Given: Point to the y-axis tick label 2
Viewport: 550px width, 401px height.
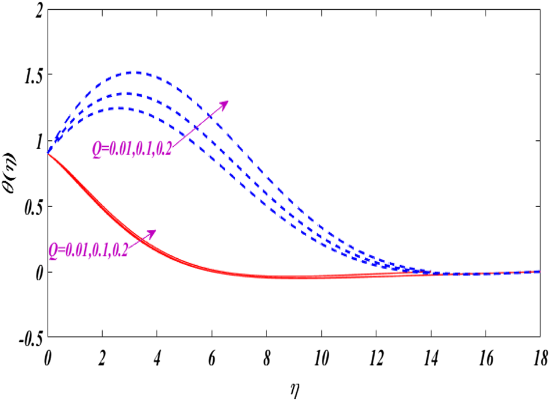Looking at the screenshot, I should click(38, 10).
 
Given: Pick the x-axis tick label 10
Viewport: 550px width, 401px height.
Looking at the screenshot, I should click(322, 353).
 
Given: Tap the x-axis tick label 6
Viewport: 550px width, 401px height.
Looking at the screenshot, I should click(212, 353).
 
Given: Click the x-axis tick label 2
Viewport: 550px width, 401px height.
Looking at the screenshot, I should click(103, 353).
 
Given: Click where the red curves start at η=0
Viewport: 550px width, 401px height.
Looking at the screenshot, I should click(49, 153).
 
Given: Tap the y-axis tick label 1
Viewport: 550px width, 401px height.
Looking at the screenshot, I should click(38, 141).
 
